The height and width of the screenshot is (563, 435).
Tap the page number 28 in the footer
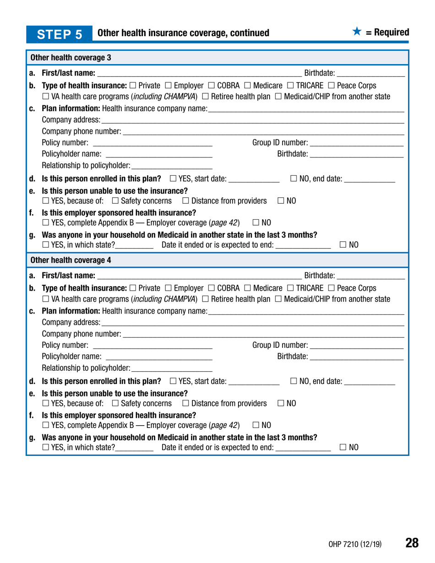(412, 543)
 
